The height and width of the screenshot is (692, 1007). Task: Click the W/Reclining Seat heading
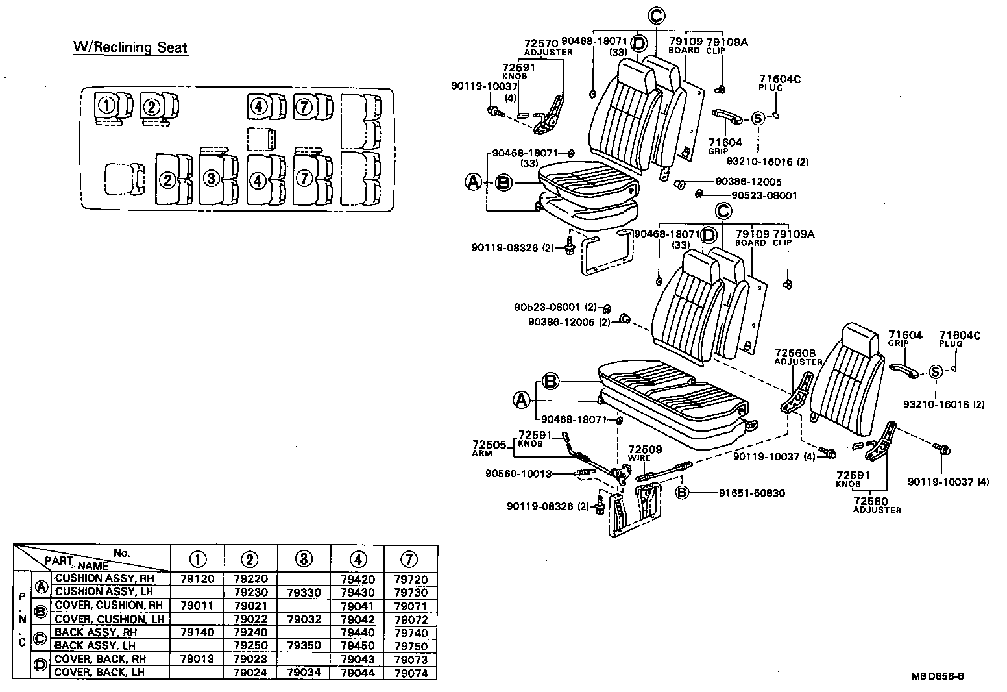pyautogui.click(x=130, y=47)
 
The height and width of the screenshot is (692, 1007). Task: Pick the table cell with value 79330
pyautogui.click(x=304, y=592)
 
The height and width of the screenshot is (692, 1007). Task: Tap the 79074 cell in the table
pyautogui.click(x=411, y=673)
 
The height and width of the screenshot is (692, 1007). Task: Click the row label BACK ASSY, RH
pyautogui.click(x=95, y=632)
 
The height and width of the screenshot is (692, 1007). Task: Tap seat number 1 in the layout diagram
pyautogui.click(x=106, y=105)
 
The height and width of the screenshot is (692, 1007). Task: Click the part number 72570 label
pyautogui.click(x=541, y=43)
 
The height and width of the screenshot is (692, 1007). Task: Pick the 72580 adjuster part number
pyautogui.click(x=871, y=501)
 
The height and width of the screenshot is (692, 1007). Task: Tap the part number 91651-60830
pyautogui.click(x=751, y=493)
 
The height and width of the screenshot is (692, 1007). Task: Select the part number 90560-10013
pyautogui.click(x=518, y=473)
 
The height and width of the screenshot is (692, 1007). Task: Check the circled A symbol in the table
pyautogui.click(x=42, y=586)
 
